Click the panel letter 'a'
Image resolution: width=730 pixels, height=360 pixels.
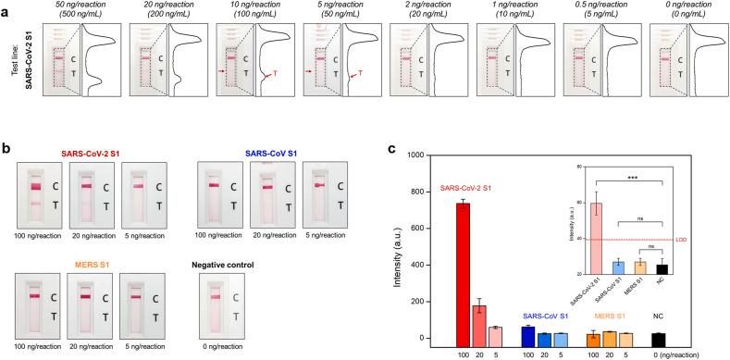pos(6,7)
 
